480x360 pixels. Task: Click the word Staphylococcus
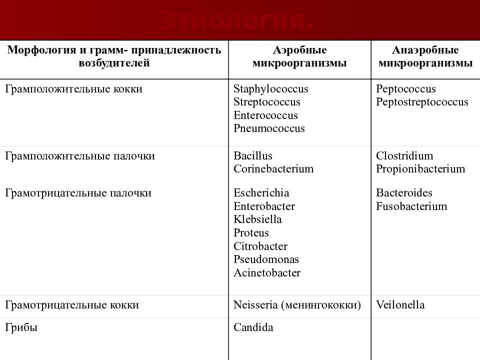[270, 89]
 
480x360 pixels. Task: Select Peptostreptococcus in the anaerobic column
[422, 102]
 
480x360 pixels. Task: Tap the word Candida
[253, 328]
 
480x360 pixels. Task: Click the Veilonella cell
[400, 305]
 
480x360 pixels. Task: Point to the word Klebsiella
[257, 219]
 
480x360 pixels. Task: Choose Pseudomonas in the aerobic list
[266, 259]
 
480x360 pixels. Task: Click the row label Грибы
[21, 328]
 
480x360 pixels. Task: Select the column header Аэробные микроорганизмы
[299, 57]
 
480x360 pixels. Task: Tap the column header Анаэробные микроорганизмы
[425, 57]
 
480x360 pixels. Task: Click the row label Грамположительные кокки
[73, 89]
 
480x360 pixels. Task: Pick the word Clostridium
[404, 156]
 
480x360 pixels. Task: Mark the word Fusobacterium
[411, 206]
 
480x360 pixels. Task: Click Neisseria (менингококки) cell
[297, 305]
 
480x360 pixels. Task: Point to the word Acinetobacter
[267, 273]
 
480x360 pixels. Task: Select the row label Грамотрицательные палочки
[78, 193]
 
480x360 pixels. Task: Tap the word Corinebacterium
[273, 169]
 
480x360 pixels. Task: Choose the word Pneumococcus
[269, 128]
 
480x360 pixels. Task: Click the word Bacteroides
[404, 193]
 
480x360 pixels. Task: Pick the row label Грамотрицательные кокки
[71, 305]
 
